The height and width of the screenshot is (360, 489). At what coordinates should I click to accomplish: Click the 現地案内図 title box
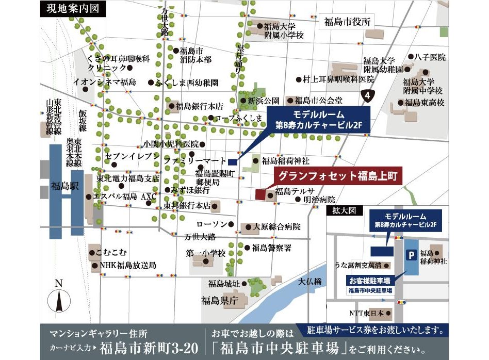[x=73, y=8]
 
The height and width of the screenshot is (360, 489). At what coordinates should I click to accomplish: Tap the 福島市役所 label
[x=348, y=22]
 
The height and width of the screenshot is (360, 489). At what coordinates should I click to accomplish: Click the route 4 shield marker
[x=367, y=95]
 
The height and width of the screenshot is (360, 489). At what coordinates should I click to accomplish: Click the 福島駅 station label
[x=64, y=186]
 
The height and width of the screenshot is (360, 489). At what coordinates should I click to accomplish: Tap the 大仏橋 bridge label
[x=310, y=282]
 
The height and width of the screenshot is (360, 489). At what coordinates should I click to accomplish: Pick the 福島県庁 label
[x=220, y=301]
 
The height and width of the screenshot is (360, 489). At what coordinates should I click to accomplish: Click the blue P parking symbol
[x=411, y=254]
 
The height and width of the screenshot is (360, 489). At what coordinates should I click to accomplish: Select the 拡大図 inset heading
[x=340, y=211]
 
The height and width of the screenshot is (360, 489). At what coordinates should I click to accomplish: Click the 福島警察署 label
[x=271, y=248]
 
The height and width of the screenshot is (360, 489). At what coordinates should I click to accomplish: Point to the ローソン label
[x=212, y=224]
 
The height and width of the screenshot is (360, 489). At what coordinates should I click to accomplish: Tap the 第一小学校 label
[x=206, y=253]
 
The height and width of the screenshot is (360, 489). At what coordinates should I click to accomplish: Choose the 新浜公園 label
[x=263, y=101]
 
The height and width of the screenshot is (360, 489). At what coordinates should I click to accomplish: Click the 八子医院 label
[x=430, y=57]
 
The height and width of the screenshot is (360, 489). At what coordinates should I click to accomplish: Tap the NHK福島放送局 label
[x=128, y=265]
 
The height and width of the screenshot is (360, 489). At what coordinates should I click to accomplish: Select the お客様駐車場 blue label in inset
[x=369, y=281]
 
